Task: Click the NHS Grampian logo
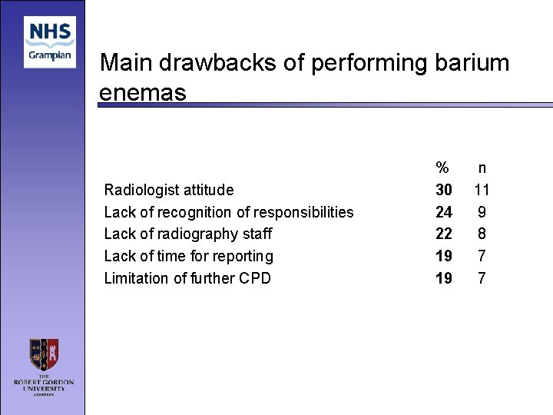click(50, 41)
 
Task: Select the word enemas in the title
click(143, 93)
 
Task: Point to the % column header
click(443, 168)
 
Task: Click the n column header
click(482, 168)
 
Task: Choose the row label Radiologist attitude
click(169, 190)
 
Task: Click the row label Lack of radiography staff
click(188, 234)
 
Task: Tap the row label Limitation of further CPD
click(187, 278)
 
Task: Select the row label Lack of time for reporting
click(189, 256)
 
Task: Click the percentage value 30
click(444, 190)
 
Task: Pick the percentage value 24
click(444, 212)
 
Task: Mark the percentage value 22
click(444, 234)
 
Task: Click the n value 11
click(482, 190)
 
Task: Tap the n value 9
click(482, 212)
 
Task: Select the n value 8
click(482, 234)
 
